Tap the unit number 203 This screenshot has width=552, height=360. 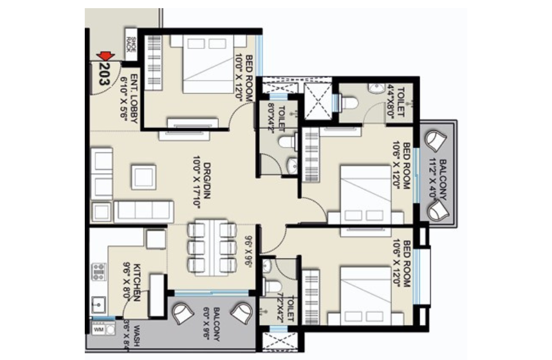tap(105, 73)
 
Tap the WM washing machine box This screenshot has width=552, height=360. tap(98, 329)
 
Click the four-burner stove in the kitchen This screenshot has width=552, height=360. tap(99, 272)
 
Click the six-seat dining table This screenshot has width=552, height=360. tap(212, 247)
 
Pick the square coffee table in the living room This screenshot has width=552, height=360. tap(143, 177)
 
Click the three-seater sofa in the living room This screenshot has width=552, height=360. tap(144, 212)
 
